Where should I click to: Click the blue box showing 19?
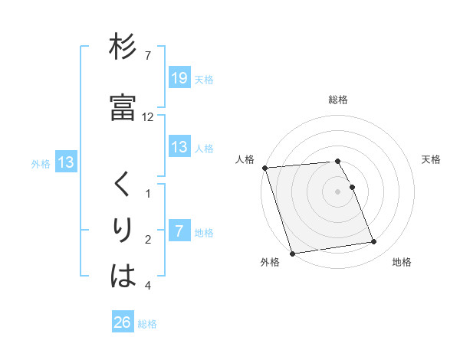[x=179, y=77]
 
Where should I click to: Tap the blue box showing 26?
[x=123, y=322]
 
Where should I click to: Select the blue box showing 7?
[x=179, y=231]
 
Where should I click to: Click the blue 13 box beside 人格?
[x=179, y=147]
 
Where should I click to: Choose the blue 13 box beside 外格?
[x=65, y=162]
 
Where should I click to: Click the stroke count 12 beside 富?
[x=148, y=116]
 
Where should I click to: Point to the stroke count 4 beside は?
[x=148, y=286]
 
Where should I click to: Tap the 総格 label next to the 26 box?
[x=148, y=324]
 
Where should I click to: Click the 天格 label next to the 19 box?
[x=204, y=79]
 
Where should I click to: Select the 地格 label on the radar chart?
[x=402, y=263]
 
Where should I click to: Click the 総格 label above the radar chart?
[x=338, y=100]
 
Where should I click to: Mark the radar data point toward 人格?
[x=264, y=168]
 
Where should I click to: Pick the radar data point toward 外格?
[x=291, y=253]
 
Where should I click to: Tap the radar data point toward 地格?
[x=373, y=242]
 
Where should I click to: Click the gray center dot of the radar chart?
[x=338, y=191]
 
